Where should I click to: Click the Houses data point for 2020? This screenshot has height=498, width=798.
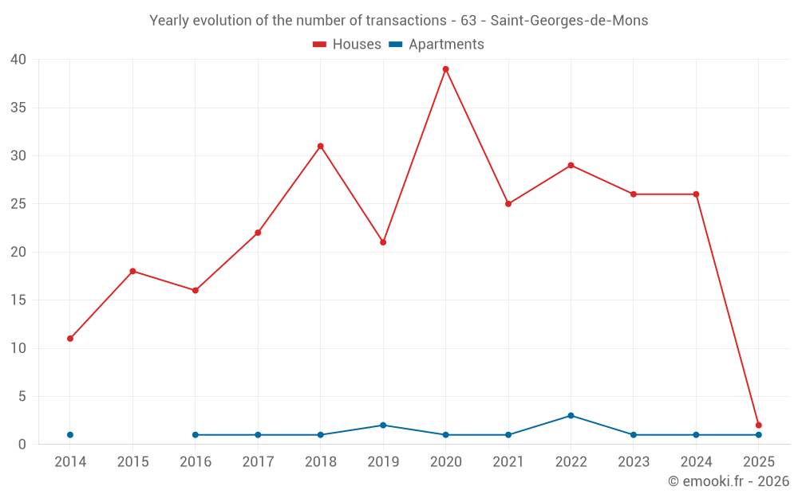[x=445, y=69]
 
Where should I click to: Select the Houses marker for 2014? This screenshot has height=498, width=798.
[x=70, y=339]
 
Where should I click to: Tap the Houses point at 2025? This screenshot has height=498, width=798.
[x=758, y=425]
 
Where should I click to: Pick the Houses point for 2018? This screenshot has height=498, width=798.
[x=320, y=147]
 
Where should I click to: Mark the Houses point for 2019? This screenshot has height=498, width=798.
[x=383, y=242]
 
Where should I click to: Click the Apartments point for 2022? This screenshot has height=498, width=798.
[x=571, y=416]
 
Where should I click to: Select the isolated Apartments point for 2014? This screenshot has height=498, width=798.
[x=70, y=435]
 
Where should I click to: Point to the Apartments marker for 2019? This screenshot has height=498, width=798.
[x=383, y=425]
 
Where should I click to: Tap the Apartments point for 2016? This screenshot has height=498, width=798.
[x=196, y=435]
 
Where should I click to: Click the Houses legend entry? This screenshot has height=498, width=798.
[x=347, y=45]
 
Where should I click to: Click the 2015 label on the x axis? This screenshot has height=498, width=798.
[x=132, y=462]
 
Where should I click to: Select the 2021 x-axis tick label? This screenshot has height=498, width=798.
[x=508, y=462]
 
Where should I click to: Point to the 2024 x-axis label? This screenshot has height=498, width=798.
[x=696, y=462]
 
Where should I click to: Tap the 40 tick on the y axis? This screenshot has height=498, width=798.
[x=18, y=60]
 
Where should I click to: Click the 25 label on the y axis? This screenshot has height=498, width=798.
[x=18, y=204]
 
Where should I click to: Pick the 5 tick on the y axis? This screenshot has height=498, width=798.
[x=22, y=397]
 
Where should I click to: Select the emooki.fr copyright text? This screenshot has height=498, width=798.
[x=729, y=481]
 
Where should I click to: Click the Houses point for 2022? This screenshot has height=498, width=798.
[x=571, y=166]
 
